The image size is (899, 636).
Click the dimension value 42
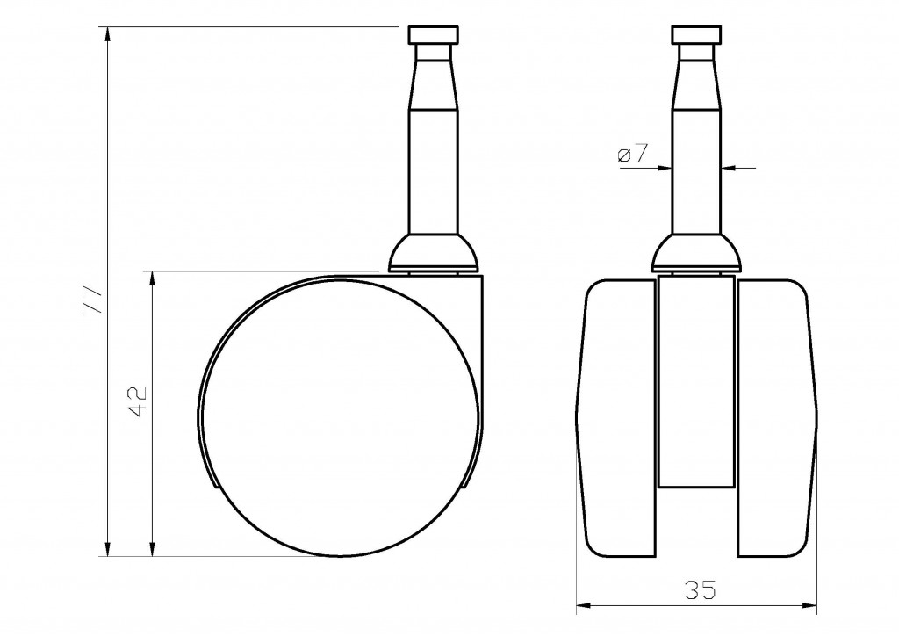tap(138, 401)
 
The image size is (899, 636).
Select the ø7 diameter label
tap(632, 155)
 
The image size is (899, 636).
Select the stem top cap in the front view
tap(697, 36)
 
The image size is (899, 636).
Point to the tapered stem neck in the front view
tap(697, 83)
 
